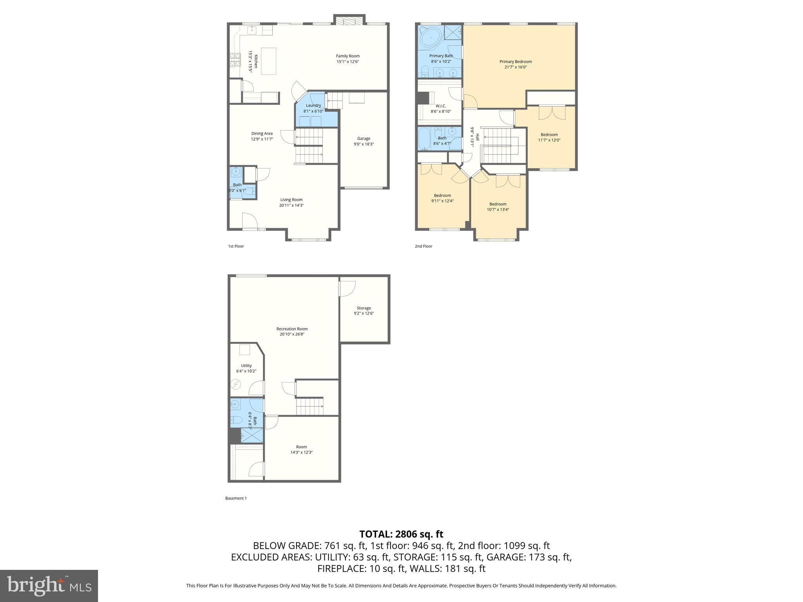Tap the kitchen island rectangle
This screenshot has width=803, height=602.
[269, 61]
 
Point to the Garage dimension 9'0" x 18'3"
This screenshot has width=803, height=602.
[363, 144]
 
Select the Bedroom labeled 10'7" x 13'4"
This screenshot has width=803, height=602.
[498, 207]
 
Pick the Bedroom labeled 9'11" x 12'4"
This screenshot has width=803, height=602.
[442, 198]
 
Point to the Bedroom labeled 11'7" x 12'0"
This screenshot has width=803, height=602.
[549, 137]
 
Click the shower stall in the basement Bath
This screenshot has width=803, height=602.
[251, 435]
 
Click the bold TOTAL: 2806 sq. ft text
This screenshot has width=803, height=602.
[401, 534]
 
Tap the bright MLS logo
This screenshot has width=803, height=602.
[49, 586]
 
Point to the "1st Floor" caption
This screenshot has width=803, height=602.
[236, 246]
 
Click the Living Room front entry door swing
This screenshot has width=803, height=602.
[249, 220]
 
